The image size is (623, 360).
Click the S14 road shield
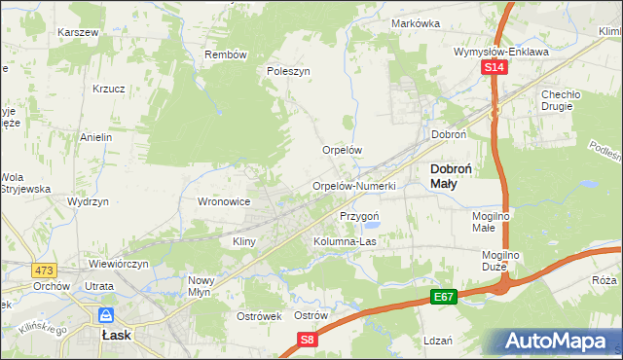495,67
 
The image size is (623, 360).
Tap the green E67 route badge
444,296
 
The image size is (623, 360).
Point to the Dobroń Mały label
452,175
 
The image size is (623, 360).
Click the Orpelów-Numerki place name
353,186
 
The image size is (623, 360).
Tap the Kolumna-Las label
345,240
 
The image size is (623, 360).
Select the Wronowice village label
225,201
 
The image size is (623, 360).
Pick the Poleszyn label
288,71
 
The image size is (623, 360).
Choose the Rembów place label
226,54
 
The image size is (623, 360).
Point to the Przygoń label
358,215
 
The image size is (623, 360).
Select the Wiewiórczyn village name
118,264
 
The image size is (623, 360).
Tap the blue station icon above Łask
105,314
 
